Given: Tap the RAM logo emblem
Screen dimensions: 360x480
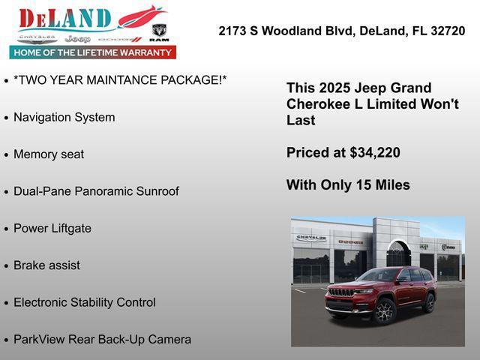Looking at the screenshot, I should tap(159, 32).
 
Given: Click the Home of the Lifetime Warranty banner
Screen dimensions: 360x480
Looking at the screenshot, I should tap(93, 52).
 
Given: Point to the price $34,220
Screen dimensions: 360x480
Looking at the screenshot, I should tap(375, 153).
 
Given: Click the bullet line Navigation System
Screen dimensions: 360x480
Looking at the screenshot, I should tap(64, 118).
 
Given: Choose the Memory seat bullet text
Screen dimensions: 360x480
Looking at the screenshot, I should tap(49, 154).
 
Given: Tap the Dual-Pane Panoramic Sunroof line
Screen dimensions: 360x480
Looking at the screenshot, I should tap(96, 191).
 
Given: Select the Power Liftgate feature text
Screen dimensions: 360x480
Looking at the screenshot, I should tap(52, 229).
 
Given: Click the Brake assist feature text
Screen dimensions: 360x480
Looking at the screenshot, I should tap(46, 265).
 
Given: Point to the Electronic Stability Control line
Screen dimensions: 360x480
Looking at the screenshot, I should tap(85, 303).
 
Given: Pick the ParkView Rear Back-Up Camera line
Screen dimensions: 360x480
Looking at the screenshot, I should tap(102, 340).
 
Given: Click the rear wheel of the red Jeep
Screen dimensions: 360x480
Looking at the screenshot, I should tap(429, 303).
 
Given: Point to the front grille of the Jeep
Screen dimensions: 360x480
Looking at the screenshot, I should tap(342, 292).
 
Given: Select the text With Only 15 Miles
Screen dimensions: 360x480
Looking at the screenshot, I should tap(348, 185).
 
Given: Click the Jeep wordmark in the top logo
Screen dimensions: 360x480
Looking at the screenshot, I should tap(77, 38).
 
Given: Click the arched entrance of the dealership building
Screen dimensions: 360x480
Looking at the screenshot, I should tap(398, 255).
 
